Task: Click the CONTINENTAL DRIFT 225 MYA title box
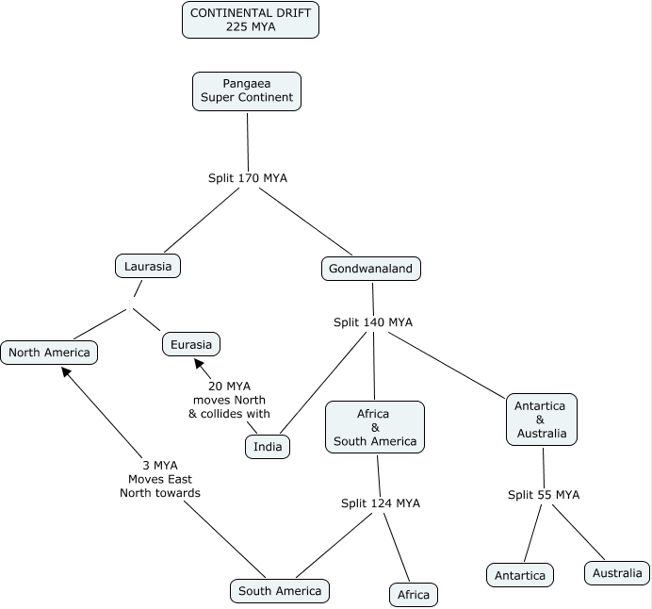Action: [251, 20]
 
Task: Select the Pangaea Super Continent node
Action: [247, 91]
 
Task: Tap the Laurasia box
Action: [148, 266]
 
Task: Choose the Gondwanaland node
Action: [371, 269]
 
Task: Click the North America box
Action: [49, 353]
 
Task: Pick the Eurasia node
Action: [191, 344]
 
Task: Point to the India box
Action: [268, 446]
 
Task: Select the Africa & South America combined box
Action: [375, 427]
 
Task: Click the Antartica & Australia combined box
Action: [542, 420]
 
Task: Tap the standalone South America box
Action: [280, 591]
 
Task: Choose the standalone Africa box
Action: [414, 595]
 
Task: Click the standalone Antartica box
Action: [520, 575]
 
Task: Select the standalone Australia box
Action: [617, 573]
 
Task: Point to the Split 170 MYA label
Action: [248, 178]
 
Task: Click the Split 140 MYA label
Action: [373, 322]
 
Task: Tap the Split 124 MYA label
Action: [381, 503]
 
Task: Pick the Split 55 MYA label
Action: [544, 495]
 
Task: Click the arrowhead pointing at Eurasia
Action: [199, 363]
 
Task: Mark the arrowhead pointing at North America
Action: [66, 371]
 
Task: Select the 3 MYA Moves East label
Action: [160, 472]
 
